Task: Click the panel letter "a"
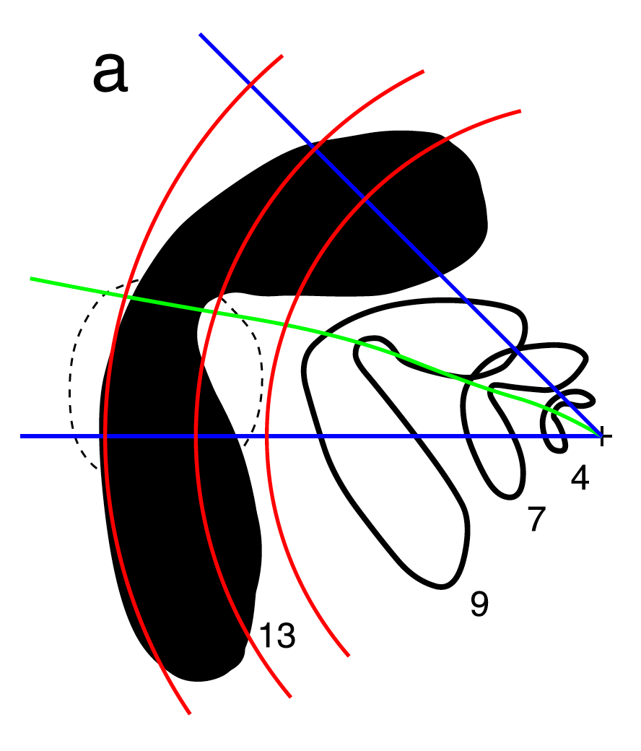[110, 72]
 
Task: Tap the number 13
[277, 635]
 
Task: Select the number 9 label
[479, 604]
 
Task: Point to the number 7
[536, 518]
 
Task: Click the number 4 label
[580, 477]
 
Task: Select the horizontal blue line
[311, 436]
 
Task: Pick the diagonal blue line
[401, 235]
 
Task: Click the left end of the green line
[30, 278]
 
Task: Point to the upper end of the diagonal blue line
[200, 35]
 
